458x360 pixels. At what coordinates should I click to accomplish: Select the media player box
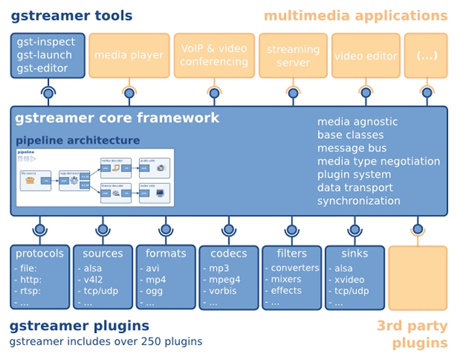pyautogui.click(x=129, y=56)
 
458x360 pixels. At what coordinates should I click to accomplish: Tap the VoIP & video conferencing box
pyautogui.click(x=214, y=56)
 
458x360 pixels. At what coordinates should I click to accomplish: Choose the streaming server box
pyautogui.click(x=293, y=56)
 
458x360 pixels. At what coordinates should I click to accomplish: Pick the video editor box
pyautogui.click(x=366, y=56)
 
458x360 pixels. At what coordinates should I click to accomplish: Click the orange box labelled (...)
pyautogui.click(x=427, y=56)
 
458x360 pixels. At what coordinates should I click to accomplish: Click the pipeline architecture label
pyautogui.click(x=78, y=140)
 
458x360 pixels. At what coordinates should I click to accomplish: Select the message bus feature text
pyautogui.click(x=352, y=148)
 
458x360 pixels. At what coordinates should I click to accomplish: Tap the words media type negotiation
pyautogui.click(x=379, y=161)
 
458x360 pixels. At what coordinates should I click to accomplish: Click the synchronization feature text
pyautogui.click(x=359, y=201)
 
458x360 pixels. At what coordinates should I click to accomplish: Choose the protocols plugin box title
pyautogui.click(x=40, y=253)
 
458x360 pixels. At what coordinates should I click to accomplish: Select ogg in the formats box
pyautogui.click(x=154, y=291)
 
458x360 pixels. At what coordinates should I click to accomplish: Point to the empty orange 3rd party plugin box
pyautogui.click(x=417, y=277)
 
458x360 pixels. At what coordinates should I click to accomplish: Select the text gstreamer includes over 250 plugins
pyautogui.click(x=106, y=341)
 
